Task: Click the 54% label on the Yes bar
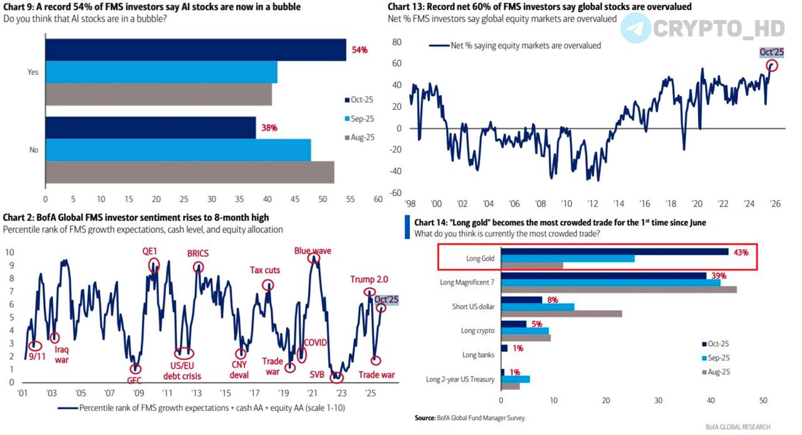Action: coord(360,49)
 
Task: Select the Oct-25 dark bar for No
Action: coord(150,127)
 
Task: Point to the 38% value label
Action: coord(269,128)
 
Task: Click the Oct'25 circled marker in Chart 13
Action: coord(772,65)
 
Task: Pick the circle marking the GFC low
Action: coord(135,369)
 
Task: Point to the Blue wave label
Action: coord(313,251)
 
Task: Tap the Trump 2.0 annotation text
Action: coord(370,280)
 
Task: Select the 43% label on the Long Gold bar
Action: coord(741,252)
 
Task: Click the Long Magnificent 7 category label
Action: coord(467,282)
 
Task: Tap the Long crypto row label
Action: coord(477,330)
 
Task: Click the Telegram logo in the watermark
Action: coord(635,28)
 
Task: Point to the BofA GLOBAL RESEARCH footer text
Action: coord(737,427)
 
